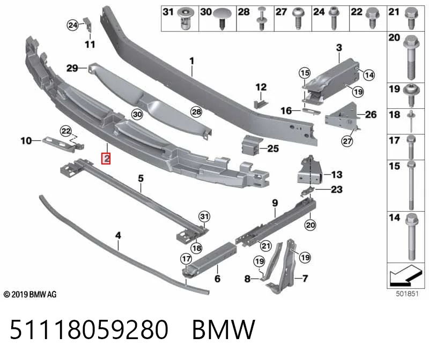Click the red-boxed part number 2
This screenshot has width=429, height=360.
106,159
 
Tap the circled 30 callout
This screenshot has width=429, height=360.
137,114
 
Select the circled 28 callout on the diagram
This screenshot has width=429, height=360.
196,111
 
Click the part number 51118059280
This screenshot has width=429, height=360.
89,329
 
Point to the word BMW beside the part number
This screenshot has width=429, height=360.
224,329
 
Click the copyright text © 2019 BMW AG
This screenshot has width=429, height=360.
30,295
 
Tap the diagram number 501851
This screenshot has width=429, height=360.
407,294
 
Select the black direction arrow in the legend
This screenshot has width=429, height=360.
405,275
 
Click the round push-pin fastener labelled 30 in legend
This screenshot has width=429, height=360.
222,18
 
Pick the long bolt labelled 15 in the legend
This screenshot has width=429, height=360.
411,185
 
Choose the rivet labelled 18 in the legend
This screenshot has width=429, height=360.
411,121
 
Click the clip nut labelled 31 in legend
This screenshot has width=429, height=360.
186,19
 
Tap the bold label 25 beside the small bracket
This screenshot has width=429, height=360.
273,148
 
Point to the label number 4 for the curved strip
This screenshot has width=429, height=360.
118,235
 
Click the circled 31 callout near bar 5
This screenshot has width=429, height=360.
204,216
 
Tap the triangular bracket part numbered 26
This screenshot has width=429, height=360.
342,115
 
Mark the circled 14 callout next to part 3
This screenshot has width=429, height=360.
369,75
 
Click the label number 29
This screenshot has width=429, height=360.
72,68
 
